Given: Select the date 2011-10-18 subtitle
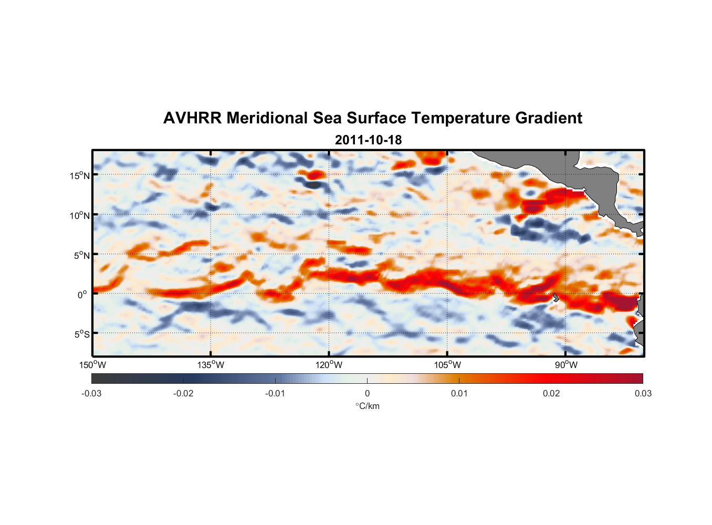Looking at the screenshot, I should coord(368,140).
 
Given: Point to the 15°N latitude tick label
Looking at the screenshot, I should coord(80,175).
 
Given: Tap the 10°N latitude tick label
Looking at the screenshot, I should coord(80,215).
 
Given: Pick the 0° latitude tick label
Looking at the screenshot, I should coord(82,295).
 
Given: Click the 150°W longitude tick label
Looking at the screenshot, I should coord(92,365).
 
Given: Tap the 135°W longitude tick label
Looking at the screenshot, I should coord(211,365).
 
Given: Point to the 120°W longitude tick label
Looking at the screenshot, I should coord(329,365).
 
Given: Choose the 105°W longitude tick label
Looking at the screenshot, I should coord(447,365).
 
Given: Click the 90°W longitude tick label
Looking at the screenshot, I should coord(566,365).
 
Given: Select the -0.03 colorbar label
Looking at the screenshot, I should coord(91,394).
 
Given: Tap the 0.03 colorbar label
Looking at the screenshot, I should coord(643,394).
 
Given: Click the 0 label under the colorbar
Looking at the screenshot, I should coord(367,394).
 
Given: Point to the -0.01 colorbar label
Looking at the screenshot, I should coord(275,394).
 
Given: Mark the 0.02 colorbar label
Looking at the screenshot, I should coord(551,394).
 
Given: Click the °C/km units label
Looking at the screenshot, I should coord(367,406).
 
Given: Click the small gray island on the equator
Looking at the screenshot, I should coord(556,298).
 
